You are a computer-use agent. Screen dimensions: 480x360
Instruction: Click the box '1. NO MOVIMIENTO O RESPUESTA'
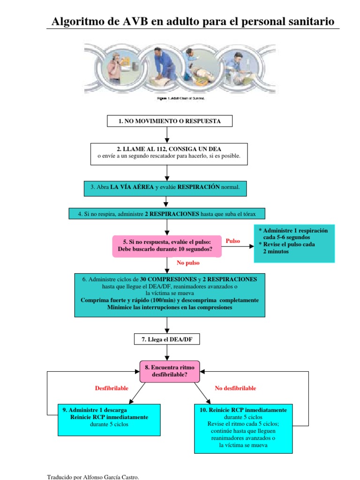click(x=169, y=121)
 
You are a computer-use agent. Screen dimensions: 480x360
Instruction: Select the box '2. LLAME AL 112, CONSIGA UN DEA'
click(x=169, y=153)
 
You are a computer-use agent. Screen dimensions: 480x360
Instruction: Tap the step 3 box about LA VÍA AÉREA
click(x=165, y=187)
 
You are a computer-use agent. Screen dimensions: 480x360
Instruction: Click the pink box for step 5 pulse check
click(x=167, y=246)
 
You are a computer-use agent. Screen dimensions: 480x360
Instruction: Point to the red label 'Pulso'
click(x=233, y=241)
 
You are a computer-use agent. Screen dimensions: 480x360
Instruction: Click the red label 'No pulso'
click(x=188, y=263)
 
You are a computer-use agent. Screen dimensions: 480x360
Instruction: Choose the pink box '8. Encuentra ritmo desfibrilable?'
click(x=169, y=371)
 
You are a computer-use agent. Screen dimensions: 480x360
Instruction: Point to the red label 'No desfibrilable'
click(x=235, y=389)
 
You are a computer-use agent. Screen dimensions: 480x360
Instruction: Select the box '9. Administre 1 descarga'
click(x=109, y=419)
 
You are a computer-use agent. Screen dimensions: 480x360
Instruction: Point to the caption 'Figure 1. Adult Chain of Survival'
click(x=180, y=98)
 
